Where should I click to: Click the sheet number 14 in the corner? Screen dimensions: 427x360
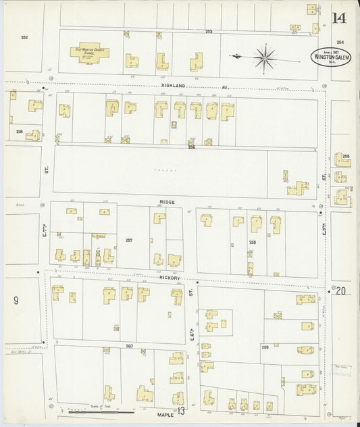coord(340,18)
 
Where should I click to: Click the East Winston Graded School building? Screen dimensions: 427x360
coord(88,52)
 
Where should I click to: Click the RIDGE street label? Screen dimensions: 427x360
coord(168,202)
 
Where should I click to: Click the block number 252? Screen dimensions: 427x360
coord(25,37)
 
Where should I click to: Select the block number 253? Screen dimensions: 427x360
coord(209,32)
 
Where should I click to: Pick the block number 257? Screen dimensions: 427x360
coord(129,240)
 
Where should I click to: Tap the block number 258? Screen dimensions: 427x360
coord(253,241)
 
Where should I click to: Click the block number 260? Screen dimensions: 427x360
coord(129,346)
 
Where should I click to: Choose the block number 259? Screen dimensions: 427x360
coord(265,347)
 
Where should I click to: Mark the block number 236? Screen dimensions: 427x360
coord(20,132)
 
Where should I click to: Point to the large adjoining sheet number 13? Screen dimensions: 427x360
coord(180,411)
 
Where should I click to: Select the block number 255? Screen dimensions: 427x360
coord(346,156)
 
